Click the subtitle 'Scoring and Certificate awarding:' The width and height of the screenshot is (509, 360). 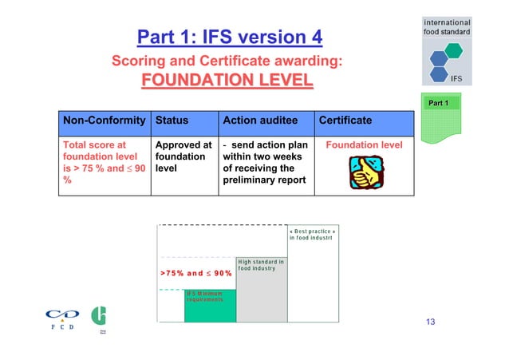pos(227,61)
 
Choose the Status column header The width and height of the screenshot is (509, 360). pos(172,121)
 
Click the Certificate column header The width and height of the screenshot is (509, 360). pos(345,121)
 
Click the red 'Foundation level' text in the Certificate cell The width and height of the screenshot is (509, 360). pos(364,145)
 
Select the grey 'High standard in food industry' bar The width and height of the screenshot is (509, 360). pos(262,291)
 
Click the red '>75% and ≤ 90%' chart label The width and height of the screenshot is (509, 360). pos(196,273)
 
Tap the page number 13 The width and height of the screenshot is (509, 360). pos(431,322)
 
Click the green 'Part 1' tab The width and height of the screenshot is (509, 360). pos(440,104)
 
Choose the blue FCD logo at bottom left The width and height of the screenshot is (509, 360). pos(62,318)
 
